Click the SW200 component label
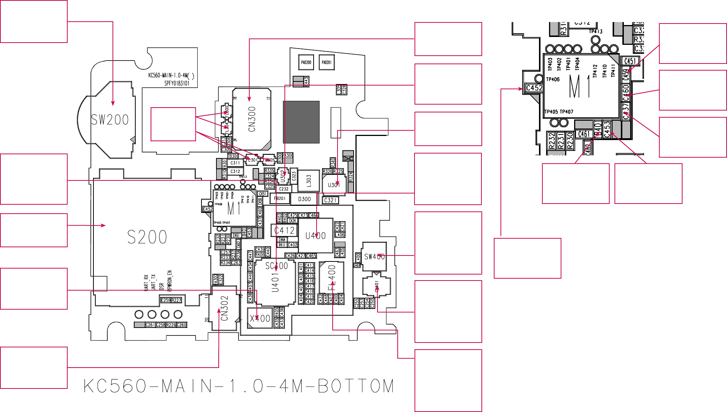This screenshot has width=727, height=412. (x=110, y=120)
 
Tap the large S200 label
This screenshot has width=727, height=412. (x=147, y=237)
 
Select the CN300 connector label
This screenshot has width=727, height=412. (x=252, y=119)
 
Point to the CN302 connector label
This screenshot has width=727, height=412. (x=224, y=308)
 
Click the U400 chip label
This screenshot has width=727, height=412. (x=315, y=236)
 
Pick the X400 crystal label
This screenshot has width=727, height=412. (x=260, y=319)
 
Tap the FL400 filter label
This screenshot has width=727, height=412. (x=332, y=278)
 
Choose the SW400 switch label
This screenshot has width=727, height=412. (x=374, y=257)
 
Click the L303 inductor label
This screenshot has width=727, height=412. (x=308, y=180)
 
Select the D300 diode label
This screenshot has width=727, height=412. (x=304, y=199)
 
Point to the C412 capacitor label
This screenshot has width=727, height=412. (x=284, y=230)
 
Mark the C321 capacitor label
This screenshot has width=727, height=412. (x=330, y=200)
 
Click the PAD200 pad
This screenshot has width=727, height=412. (x=306, y=62)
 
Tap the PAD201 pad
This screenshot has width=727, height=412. (x=326, y=62)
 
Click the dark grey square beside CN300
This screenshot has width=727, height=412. (x=301, y=122)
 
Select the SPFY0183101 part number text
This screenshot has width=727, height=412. (x=177, y=83)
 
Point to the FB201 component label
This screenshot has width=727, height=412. (x=280, y=199)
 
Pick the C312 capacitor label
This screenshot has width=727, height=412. (x=235, y=171)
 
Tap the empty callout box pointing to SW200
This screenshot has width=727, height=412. (x=34, y=21)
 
